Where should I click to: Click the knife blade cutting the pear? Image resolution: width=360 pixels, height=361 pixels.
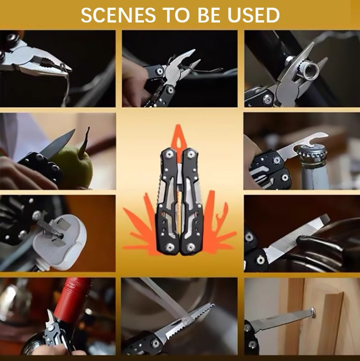pyautogui.click(x=58, y=143)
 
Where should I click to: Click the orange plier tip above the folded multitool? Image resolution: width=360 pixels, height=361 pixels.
pyautogui.click(x=179, y=133)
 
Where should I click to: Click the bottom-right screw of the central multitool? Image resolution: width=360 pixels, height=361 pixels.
pyautogui.click(x=191, y=246)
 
